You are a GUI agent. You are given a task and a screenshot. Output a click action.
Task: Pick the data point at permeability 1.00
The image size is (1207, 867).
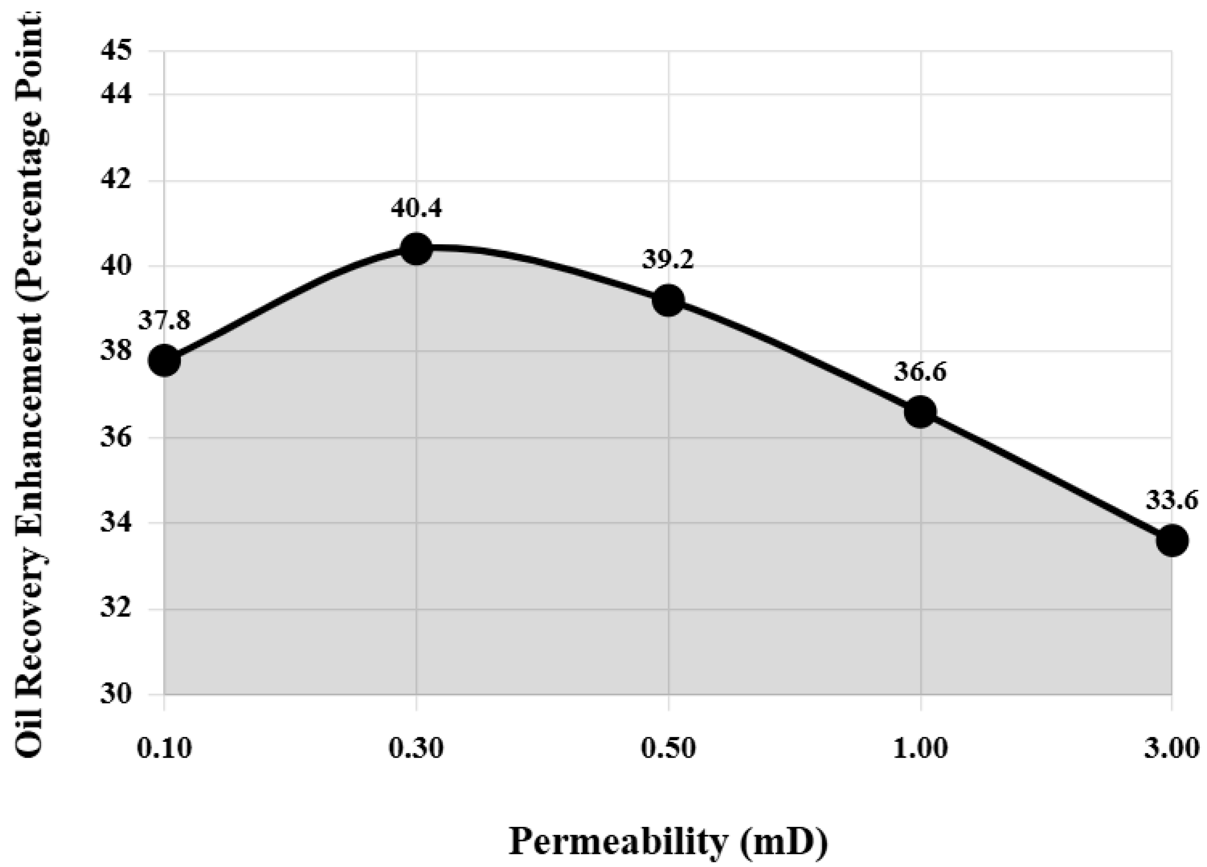tap(920, 412)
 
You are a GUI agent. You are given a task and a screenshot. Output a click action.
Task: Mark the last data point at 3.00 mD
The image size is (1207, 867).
tap(1172, 540)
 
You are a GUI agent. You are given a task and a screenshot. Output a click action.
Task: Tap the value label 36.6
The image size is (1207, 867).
tap(920, 372)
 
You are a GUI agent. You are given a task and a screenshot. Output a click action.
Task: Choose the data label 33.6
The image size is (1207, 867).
tap(1172, 500)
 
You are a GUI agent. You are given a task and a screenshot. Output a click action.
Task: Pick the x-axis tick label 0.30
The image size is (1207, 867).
tap(416, 749)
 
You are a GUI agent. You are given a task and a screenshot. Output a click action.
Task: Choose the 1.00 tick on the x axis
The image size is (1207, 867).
tap(920, 749)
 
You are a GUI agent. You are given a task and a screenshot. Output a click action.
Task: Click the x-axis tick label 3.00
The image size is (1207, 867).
tap(1172, 749)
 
